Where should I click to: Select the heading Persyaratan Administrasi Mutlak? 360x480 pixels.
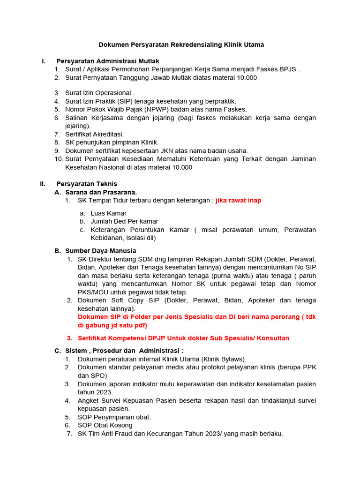point(108,61)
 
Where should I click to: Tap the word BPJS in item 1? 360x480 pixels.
point(288,69)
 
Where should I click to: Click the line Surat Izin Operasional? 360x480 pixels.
point(100,93)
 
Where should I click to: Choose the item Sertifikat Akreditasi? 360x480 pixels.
point(94,135)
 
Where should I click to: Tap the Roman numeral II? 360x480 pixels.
point(43,184)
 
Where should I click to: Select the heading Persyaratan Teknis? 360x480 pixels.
point(87,184)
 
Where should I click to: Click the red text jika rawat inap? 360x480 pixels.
point(238,200)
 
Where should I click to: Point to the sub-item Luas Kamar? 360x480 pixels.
point(108,213)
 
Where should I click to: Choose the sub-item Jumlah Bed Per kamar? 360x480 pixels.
point(124,221)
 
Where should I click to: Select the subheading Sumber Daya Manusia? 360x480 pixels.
point(100,251)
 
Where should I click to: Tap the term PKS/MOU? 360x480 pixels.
point(93,292)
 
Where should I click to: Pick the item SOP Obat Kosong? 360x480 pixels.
point(105,425)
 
